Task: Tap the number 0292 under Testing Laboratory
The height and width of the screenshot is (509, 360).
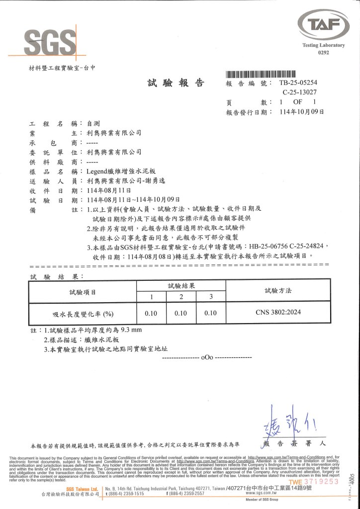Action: (323, 53)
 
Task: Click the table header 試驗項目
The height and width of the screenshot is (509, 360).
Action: (83, 291)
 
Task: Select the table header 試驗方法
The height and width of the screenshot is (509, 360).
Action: (278, 290)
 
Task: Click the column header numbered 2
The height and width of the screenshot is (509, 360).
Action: (181, 297)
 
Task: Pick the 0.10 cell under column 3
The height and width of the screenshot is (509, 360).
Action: (211, 313)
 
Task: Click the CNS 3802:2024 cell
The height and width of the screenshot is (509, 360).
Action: (278, 313)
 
